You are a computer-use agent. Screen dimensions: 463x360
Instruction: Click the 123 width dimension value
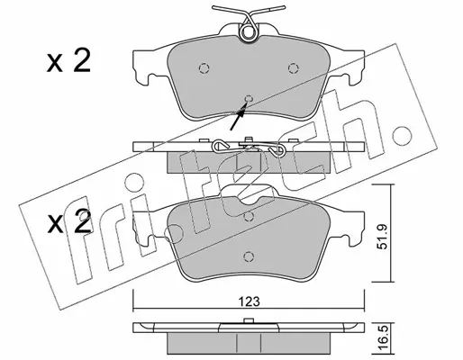click(250, 301)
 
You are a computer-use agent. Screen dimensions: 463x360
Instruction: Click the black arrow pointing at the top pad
click(239, 116)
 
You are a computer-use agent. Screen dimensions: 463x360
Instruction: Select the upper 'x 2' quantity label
click(68, 61)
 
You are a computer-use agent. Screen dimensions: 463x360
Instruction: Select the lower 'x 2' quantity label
click(69, 221)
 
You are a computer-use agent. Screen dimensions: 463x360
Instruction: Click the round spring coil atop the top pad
click(248, 32)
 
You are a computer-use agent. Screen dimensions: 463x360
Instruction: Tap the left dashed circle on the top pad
click(204, 68)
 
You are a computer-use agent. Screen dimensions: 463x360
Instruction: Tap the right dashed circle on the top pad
click(293, 68)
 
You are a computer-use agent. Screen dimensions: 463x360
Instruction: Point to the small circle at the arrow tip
click(249, 98)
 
